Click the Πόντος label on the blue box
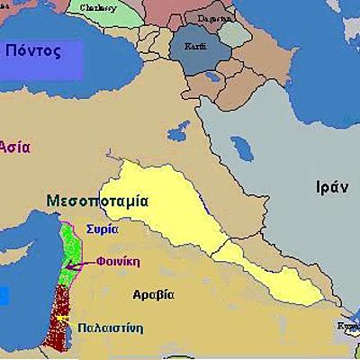coord(33,50)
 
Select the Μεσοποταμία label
coord(99,201)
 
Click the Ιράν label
coord(325,187)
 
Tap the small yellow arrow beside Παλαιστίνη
coord(62,319)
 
